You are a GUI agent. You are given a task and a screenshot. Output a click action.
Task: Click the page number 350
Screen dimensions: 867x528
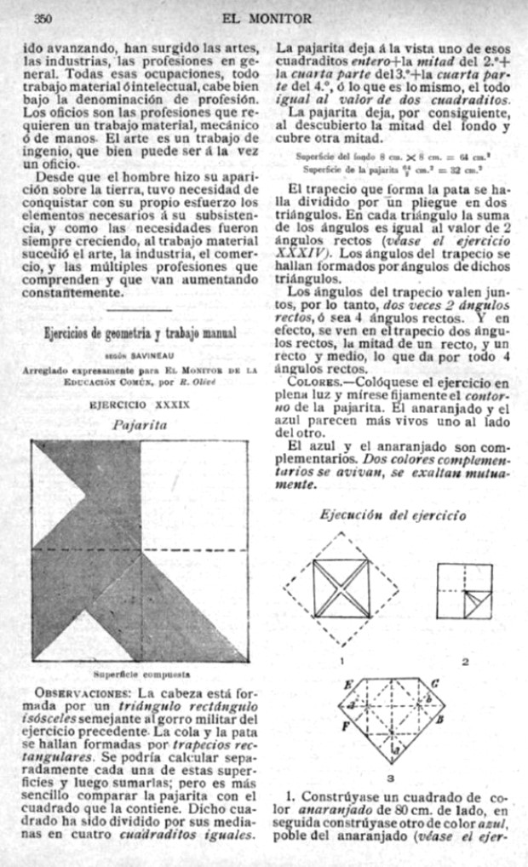(43, 18)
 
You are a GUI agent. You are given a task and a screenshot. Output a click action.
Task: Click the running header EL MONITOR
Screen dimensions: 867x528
(267, 18)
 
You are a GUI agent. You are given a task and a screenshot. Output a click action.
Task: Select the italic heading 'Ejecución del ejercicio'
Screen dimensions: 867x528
(393, 514)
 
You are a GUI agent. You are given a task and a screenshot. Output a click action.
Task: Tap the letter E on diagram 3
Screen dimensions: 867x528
(347, 685)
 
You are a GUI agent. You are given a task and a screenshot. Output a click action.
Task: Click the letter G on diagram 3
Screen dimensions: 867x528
(434, 683)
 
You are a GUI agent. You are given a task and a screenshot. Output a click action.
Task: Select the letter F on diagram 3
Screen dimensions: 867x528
(346, 726)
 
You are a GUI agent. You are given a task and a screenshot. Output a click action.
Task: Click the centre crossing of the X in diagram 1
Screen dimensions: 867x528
(341, 589)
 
